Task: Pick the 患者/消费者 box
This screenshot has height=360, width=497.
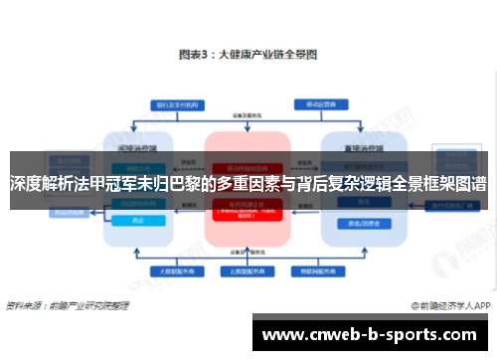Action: [358, 223]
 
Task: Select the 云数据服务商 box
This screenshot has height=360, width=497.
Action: [248, 270]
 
